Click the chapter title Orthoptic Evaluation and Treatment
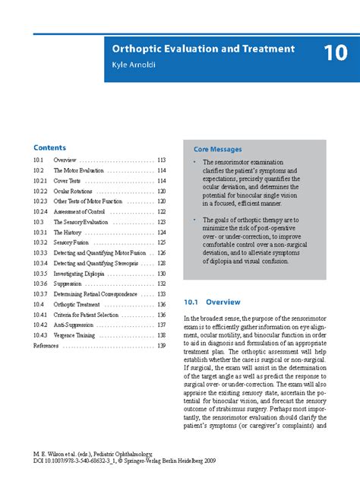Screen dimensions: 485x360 tap(203, 49)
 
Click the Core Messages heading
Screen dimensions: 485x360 tap(217, 151)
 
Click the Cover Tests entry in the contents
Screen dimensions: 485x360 tap(70, 182)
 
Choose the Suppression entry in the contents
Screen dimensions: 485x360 tap(71, 284)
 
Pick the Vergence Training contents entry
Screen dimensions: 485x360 tap(74, 334)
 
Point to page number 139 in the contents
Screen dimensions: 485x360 tap(161, 345)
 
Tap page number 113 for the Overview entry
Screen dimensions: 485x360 tap(161, 161)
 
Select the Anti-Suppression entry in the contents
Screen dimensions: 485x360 tap(74, 325)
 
